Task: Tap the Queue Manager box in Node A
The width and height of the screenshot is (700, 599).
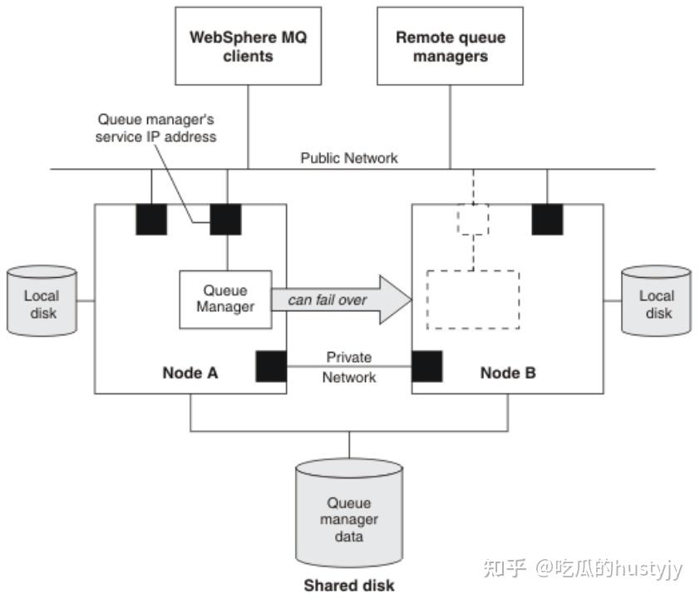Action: (x=225, y=298)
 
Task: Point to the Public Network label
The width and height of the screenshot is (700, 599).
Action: (x=349, y=158)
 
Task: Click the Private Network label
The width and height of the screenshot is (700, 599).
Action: (x=349, y=367)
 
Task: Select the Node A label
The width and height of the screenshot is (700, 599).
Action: (x=190, y=373)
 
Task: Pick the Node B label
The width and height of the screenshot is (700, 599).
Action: (x=508, y=373)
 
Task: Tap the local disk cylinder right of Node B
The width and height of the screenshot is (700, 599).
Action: (x=656, y=301)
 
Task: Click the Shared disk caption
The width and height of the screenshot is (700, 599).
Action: (x=349, y=585)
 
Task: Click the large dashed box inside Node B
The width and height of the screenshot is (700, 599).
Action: (x=472, y=299)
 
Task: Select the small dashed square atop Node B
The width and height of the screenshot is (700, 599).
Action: (x=473, y=219)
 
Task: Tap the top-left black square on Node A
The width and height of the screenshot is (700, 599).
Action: (x=150, y=219)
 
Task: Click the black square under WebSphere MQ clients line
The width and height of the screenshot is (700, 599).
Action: (x=225, y=219)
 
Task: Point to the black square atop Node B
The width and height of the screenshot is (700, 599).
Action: (x=547, y=219)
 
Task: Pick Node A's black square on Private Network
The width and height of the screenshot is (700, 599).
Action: (x=271, y=366)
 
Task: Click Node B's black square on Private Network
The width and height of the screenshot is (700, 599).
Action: (x=426, y=366)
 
